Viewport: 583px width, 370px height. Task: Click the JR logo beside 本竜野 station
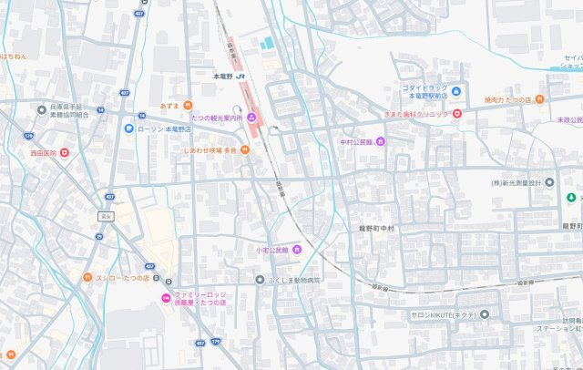(241, 77)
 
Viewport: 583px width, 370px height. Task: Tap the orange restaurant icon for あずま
(188, 106)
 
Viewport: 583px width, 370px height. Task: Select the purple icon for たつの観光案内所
(252, 118)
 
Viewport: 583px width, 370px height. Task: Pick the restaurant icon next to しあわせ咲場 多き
(245, 150)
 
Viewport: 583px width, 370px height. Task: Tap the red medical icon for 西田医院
(64, 153)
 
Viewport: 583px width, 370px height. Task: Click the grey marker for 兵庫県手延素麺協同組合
(42, 109)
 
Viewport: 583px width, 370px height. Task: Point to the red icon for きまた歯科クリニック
(457, 113)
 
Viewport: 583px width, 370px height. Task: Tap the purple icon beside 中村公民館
(381, 142)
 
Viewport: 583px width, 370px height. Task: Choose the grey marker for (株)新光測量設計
(549, 182)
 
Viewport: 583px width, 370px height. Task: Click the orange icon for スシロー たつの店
(88, 278)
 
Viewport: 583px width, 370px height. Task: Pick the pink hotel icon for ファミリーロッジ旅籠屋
(165, 299)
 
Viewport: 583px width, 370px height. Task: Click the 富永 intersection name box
(106, 216)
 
